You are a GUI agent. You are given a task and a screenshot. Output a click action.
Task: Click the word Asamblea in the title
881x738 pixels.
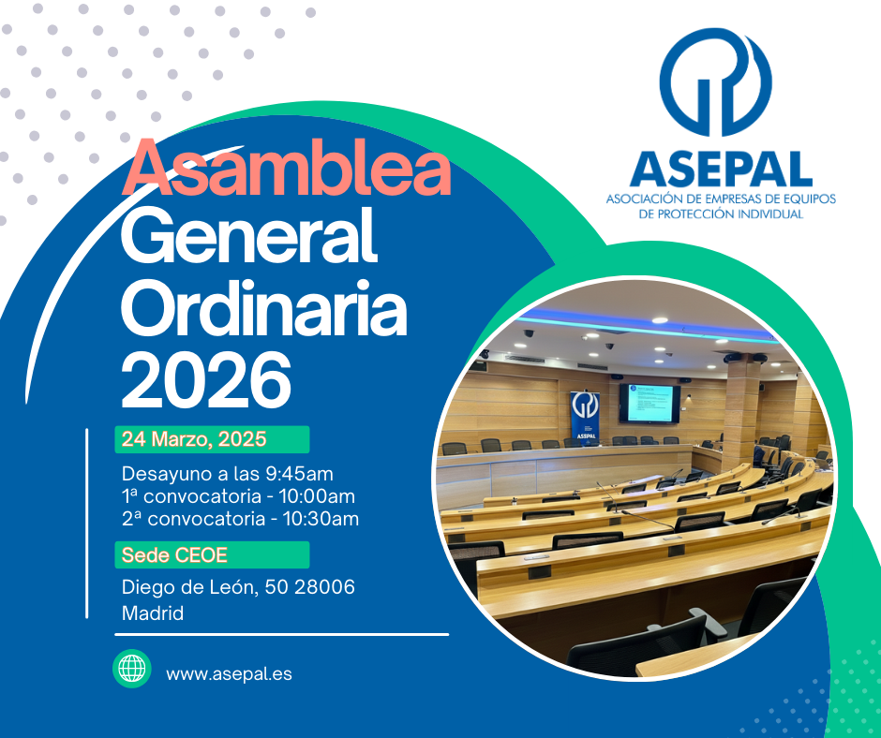pos(287,168)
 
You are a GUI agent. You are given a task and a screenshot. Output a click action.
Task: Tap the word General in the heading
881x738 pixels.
pos(249,235)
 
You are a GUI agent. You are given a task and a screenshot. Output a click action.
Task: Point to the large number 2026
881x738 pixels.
pos(206,379)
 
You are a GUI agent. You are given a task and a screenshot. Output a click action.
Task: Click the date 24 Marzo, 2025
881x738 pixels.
pos(194,439)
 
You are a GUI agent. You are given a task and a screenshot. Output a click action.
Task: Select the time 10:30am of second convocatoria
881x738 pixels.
pos(321,519)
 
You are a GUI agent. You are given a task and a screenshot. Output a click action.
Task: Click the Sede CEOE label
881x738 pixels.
pos(174,554)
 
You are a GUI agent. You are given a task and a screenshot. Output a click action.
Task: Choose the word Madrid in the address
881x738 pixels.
pos(153,613)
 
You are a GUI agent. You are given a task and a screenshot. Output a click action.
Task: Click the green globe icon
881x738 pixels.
pos(132,669)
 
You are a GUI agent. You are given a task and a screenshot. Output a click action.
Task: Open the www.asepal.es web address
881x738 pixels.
pos(230,674)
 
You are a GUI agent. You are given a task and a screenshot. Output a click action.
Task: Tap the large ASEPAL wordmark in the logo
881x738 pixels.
pos(722,170)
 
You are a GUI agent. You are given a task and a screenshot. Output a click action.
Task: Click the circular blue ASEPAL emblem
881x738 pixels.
pos(716,82)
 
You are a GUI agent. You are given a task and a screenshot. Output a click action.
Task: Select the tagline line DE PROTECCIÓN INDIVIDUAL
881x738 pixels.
pos(722,214)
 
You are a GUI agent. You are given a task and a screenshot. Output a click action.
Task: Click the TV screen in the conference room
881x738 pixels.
pos(650,404)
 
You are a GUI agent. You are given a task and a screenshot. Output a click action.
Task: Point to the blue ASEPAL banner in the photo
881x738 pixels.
pos(585,416)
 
